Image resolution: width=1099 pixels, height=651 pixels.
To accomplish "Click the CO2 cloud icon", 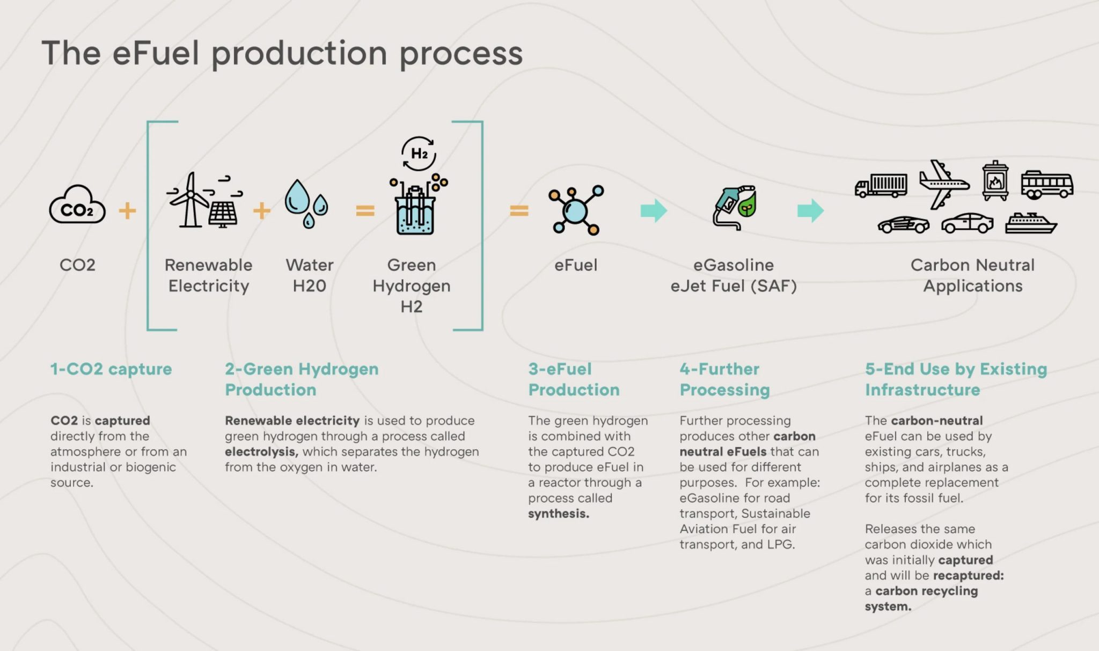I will [77, 206].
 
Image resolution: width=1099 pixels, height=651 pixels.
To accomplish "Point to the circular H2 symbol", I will [419, 153].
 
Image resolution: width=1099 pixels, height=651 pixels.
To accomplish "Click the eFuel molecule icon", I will [576, 210].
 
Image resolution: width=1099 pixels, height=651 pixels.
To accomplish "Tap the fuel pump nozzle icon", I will [733, 208].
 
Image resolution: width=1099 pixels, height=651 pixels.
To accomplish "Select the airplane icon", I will [943, 184].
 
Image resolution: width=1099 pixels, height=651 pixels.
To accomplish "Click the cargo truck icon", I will [881, 186].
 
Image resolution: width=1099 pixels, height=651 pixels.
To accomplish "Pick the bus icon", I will [1046, 185].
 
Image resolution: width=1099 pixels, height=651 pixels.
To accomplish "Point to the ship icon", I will [1030, 223].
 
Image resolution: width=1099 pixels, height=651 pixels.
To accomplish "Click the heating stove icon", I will [995, 181].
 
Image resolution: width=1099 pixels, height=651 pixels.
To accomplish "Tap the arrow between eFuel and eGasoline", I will [654, 210].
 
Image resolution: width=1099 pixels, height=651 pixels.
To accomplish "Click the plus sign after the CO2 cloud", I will [127, 210].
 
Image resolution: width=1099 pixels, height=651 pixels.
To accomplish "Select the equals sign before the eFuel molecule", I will [519, 210].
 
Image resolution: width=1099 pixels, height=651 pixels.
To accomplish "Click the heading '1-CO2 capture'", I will [111, 369].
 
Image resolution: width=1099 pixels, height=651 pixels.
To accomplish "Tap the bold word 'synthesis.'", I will [559, 514].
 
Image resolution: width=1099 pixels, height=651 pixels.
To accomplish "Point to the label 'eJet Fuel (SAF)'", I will [733, 286].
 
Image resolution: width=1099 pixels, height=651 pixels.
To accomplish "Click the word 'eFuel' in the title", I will [155, 53].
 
